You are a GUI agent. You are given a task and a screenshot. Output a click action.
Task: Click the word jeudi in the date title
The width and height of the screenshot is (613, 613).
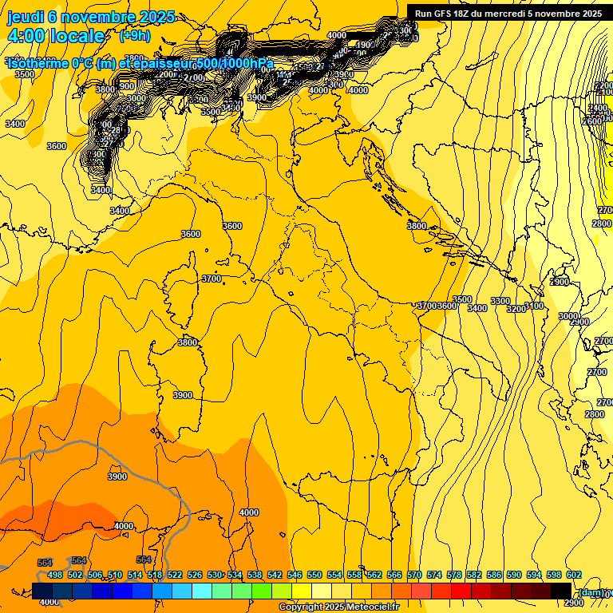(x=25, y=18)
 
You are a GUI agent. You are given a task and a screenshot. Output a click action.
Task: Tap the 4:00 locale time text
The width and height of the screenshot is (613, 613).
(x=56, y=36)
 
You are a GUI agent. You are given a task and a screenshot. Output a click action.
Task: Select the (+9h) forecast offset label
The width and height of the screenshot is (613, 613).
(x=135, y=36)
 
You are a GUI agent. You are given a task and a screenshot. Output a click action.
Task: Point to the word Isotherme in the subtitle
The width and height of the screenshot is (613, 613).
(x=38, y=63)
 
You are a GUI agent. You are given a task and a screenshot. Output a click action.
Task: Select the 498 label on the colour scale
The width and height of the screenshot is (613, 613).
(x=55, y=575)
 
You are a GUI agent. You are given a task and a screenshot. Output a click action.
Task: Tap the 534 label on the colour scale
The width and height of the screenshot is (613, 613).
(x=235, y=575)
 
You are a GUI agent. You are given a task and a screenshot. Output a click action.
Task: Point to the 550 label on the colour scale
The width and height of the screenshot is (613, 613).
(x=314, y=575)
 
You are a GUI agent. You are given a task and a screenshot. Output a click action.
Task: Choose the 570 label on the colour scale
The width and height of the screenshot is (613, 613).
(x=414, y=575)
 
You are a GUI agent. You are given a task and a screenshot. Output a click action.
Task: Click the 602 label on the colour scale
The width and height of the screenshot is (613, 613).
(x=574, y=575)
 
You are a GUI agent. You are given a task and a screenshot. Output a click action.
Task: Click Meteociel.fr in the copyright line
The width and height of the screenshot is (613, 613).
(x=373, y=607)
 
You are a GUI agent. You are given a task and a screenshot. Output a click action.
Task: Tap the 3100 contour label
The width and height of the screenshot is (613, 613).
(x=535, y=306)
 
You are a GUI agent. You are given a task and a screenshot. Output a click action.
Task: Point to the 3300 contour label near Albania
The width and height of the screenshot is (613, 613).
(x=500, y=301)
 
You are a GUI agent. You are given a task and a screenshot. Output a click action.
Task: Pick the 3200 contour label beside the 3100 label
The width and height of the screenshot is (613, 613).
(x=517, y=308)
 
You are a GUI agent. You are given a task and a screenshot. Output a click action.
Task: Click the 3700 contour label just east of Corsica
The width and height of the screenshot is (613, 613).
(x=211, y=279)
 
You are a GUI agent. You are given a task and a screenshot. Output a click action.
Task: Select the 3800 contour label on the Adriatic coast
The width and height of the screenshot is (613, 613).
(x=417, y=226)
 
